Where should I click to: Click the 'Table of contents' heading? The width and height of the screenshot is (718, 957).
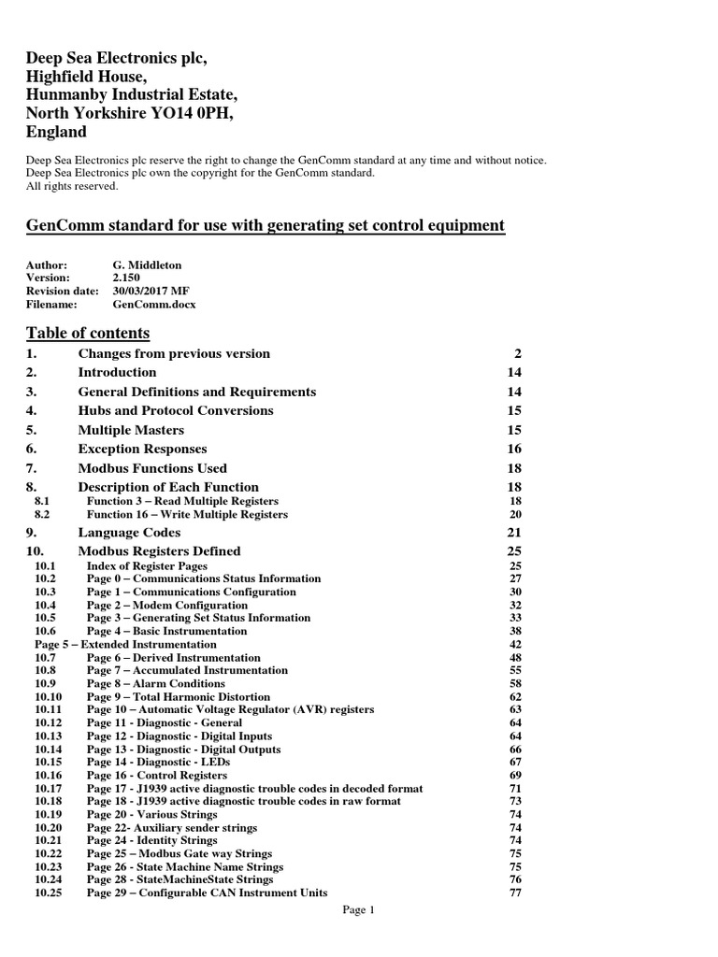pos(88,333)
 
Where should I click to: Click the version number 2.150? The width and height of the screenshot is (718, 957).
pos(128,278)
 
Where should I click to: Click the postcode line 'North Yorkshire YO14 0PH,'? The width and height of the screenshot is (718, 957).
pos(129,113)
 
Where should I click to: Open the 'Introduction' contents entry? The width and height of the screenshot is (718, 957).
pos(117,372)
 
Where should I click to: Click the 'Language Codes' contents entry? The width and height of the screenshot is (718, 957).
pos(129,532)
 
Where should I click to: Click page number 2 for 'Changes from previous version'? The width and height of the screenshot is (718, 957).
pos(517,353)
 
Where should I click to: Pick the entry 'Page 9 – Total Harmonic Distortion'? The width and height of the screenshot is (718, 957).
pos(179,696)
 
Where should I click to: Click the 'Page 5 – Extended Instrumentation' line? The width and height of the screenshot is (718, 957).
pos(125,644)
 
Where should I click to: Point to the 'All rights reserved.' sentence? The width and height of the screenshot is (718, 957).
pos(72,186)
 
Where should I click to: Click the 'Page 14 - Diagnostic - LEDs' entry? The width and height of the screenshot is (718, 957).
pos(158,762)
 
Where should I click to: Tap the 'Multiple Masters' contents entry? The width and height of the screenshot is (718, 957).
pos(131,430)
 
